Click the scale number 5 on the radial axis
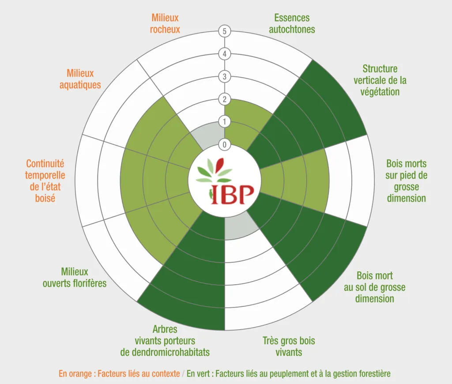point(224,31)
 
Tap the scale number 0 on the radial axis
point(224,144)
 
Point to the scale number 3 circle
point(224,77)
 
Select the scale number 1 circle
point(224,122)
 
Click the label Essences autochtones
point(292,24)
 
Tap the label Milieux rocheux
point(165,24)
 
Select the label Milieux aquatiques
point(80,79)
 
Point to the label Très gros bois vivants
point(289,346)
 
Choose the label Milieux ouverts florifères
point(75,278)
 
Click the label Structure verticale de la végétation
point(380,80)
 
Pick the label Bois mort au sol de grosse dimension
point(375,287)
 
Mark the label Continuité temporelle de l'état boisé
point(45,181)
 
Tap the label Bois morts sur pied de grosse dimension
point(407,181)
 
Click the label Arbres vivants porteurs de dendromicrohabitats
point(165,341)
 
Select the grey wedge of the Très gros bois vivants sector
point(241,227)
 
